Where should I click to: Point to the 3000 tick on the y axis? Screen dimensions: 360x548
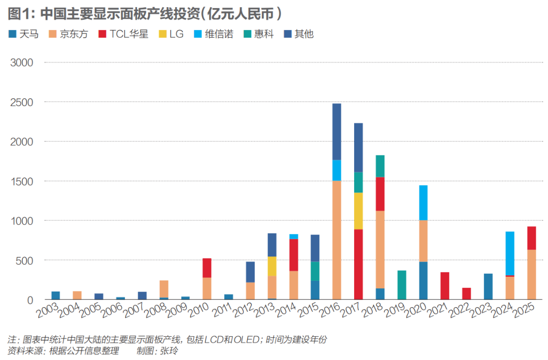click(x=22, y=62)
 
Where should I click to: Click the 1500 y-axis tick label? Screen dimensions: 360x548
click(x=22, y=181)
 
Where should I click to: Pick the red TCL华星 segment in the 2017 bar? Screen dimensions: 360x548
click(x=358, y=264)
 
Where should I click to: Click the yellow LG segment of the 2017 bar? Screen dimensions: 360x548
click(x=358, y=211)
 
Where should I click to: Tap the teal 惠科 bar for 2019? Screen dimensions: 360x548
click(x=401, y=285)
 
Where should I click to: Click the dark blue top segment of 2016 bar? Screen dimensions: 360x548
click(x=336, y=132)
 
